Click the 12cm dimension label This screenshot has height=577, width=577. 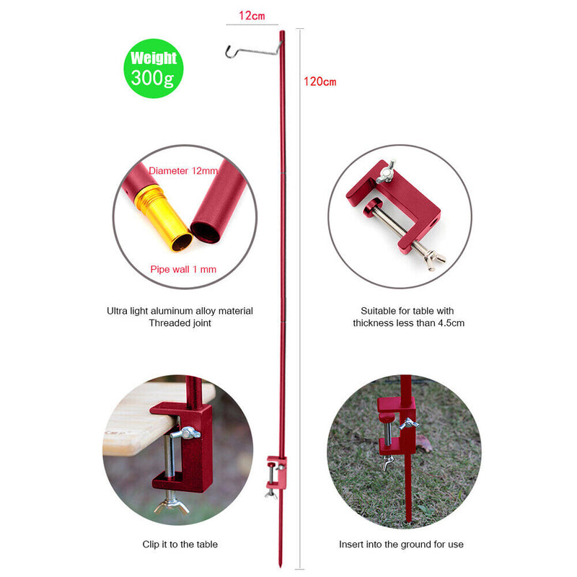[251, 15]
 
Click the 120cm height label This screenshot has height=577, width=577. [320, 82]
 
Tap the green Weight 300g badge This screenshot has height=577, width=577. [154, 69]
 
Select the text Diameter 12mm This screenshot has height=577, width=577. [183, 171]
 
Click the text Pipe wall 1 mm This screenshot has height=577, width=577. [183, 270]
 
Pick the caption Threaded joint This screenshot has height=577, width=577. [180, 323]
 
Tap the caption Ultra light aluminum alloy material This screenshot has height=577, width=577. [180, 311]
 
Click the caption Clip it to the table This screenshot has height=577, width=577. [180, 545]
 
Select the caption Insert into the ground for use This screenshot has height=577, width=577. [401, 545]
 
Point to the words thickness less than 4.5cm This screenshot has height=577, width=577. [408, 323]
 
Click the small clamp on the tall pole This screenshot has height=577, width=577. [276, 472]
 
